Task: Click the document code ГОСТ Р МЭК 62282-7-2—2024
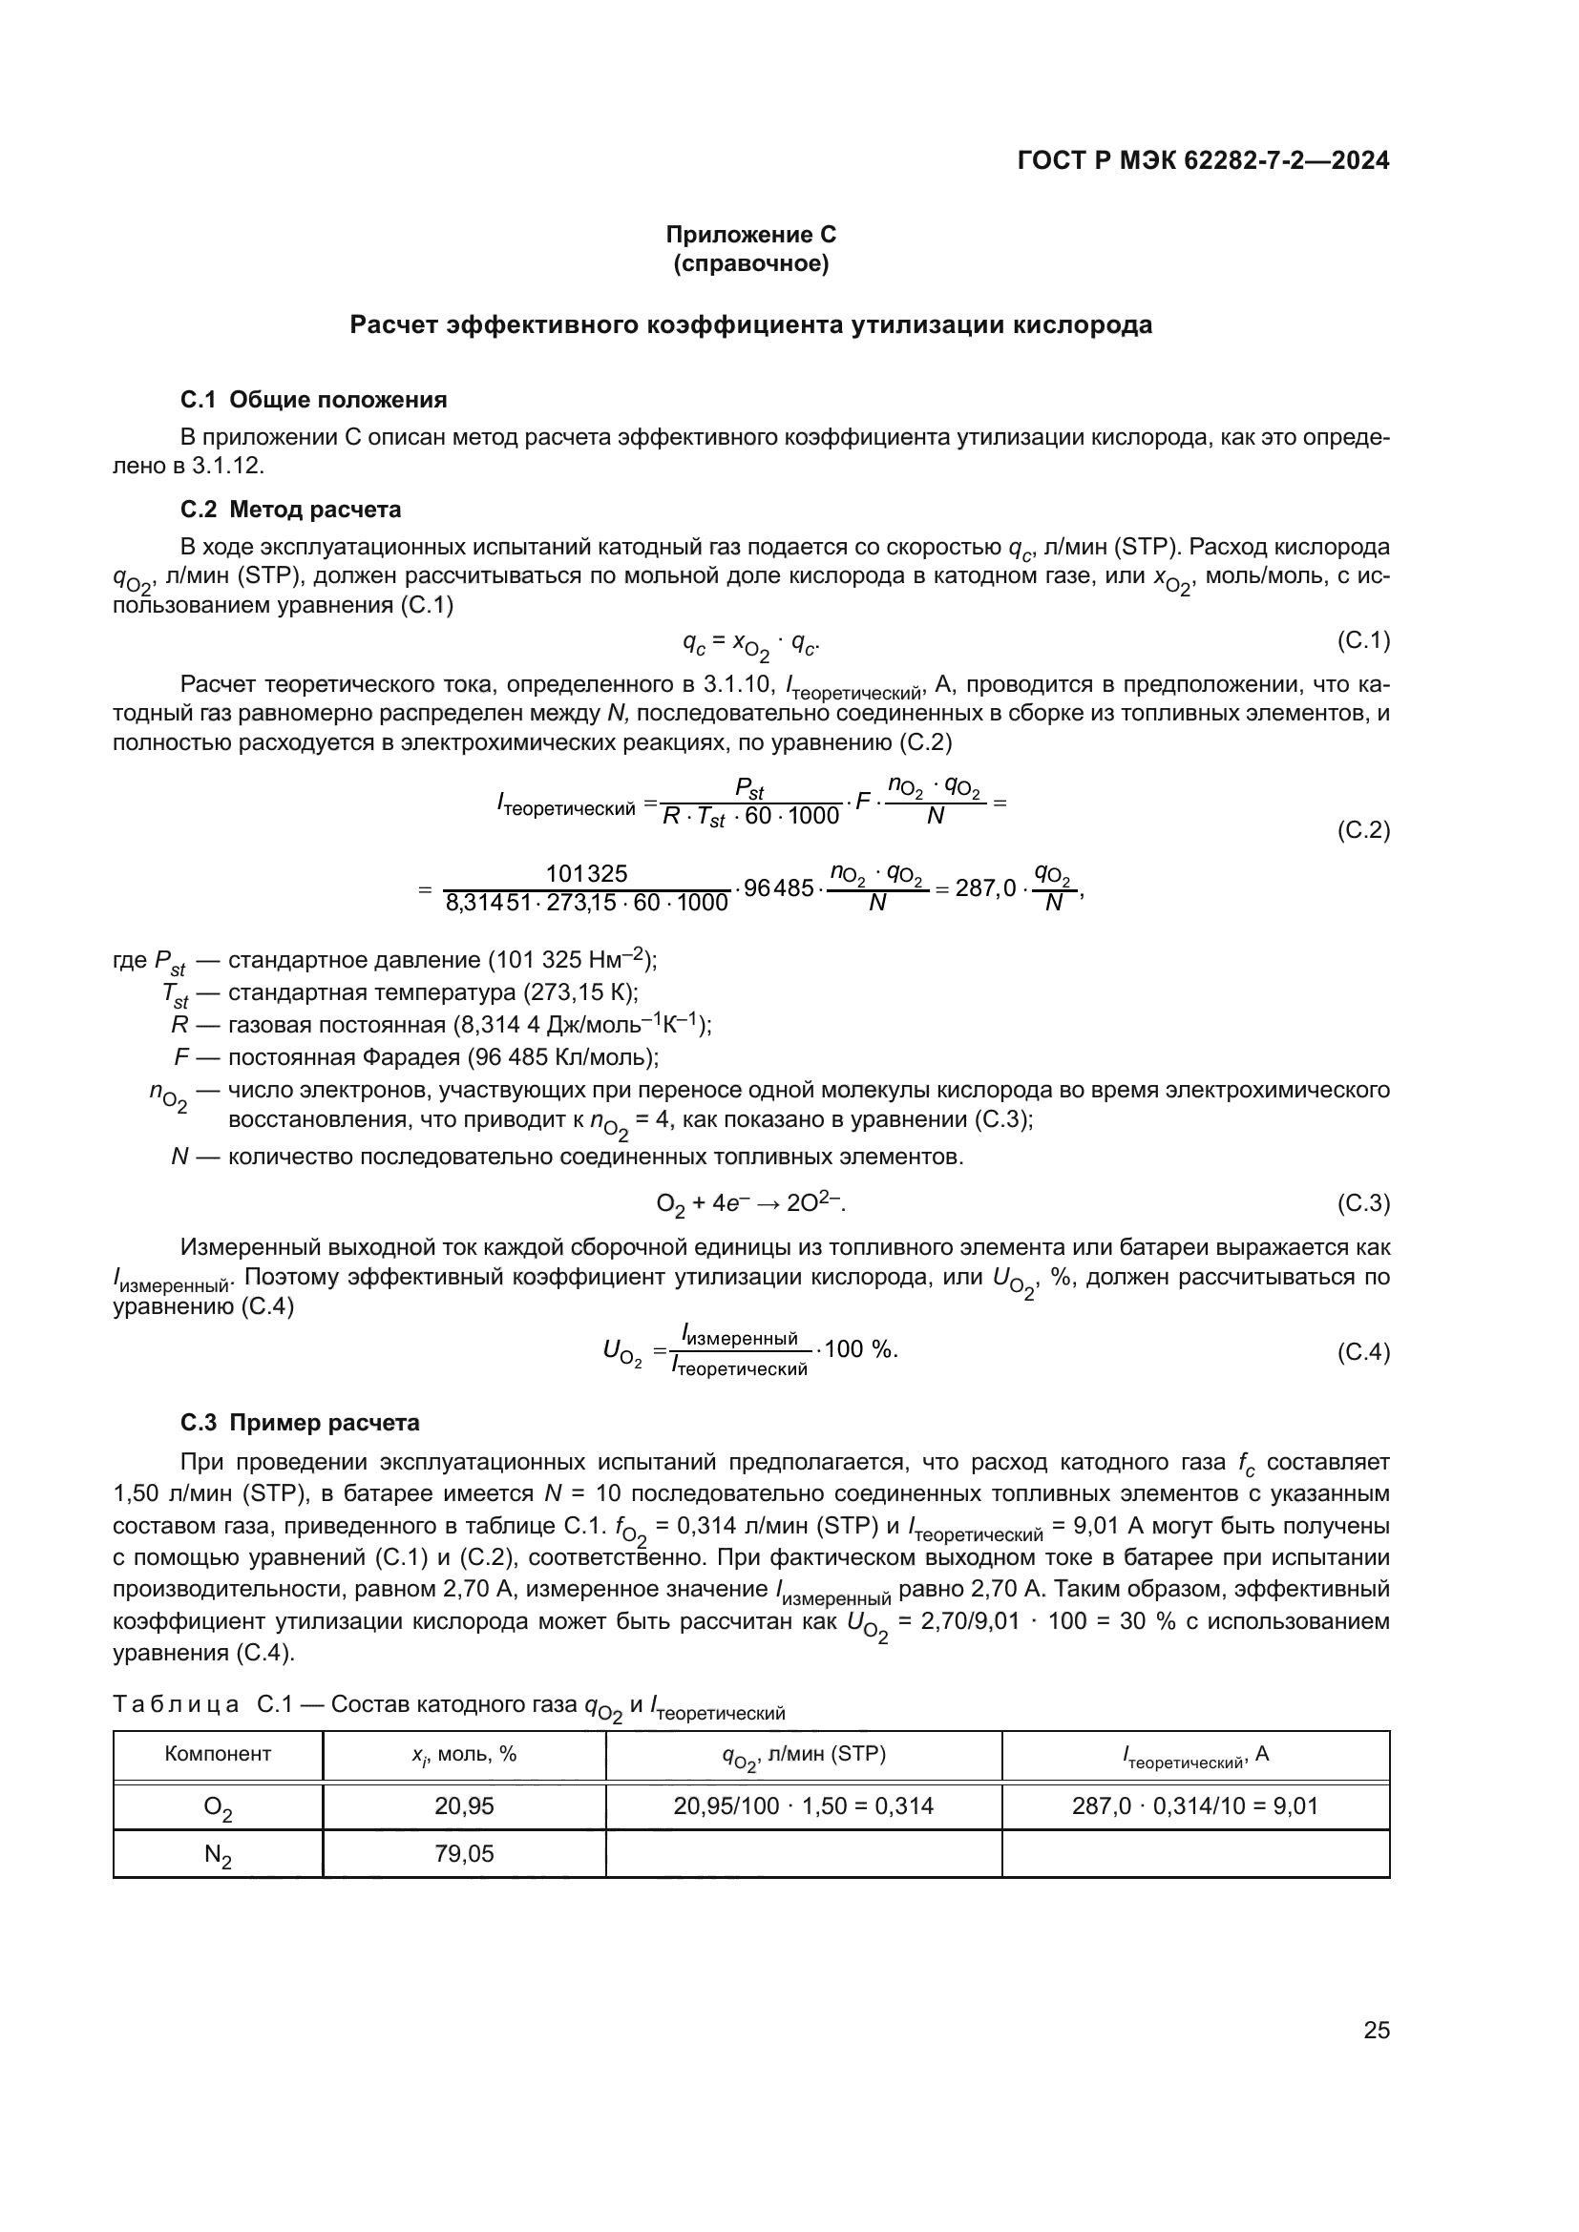pyautogui.click(x=1203, y=161)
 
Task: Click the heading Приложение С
pyautogui.click(x=750, y=235)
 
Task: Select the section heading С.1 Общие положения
pyautogui.click(x=313, y=400)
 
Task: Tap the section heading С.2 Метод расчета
pyautogui.click(x=290, y=510)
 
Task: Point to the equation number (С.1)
pyautogui.click(x=1363, y=639)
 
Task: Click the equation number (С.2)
pyautogui.click(x=1363, y=830)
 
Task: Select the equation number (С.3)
pyautogui.click(x=1363, y=1203)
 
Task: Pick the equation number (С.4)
pyautogui.click(x=1363, y=1352)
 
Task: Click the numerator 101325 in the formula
pyautogui.click(x=586, y=873)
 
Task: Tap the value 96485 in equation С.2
pyautogui.click(x=778, y=887)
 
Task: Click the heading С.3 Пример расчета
pyautogui.click(x=300, y=1423)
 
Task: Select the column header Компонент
pyautogui.click(x=218, y=1754)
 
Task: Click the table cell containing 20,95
pyautogui.click(x=464, y=1806)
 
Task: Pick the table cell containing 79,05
pyautogui.click(x=464, y=1854)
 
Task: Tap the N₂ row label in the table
pyautogui.click(x=218, y=1855)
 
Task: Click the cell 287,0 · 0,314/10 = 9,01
pyautogui.click(x=1195, y=1806)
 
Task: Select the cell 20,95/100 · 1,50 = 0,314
pyautogui.click(x=803, y=1806)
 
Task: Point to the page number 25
pyautogui.click(x=1376, y=2030)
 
